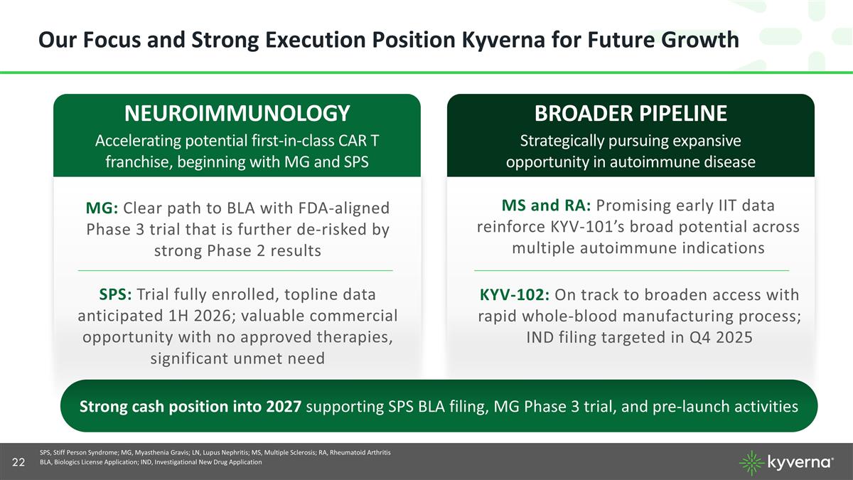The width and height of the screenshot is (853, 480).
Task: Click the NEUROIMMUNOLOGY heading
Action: [x=237, y=113]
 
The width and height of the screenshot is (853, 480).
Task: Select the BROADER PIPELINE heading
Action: [x=631, y=113]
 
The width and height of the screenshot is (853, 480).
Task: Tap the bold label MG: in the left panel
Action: [x=102, y=208]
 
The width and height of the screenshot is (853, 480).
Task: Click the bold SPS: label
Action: [x=115, y=294]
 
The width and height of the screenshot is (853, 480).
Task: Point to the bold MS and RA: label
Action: [x=546, y=206]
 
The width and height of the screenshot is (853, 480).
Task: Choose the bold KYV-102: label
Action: [x=514, y=295]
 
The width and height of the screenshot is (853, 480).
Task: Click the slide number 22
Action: [x=18, y=462]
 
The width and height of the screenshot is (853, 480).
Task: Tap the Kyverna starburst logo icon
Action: [x=752, y=463]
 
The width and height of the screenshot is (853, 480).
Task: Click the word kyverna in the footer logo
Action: [x=799, y=462]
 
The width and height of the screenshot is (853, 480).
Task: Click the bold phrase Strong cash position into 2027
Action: [x=191, y=406]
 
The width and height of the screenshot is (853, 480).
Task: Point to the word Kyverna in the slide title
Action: [x=504, y=40]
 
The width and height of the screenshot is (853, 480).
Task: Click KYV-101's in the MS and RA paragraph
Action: [x=588, y=227]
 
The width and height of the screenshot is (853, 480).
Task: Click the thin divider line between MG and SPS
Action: [x=235, y=270]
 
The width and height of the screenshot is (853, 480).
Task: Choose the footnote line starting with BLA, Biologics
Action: [x=151, y=462]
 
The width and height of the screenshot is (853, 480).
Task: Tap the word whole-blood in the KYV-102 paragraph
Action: [x=570, y=316]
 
